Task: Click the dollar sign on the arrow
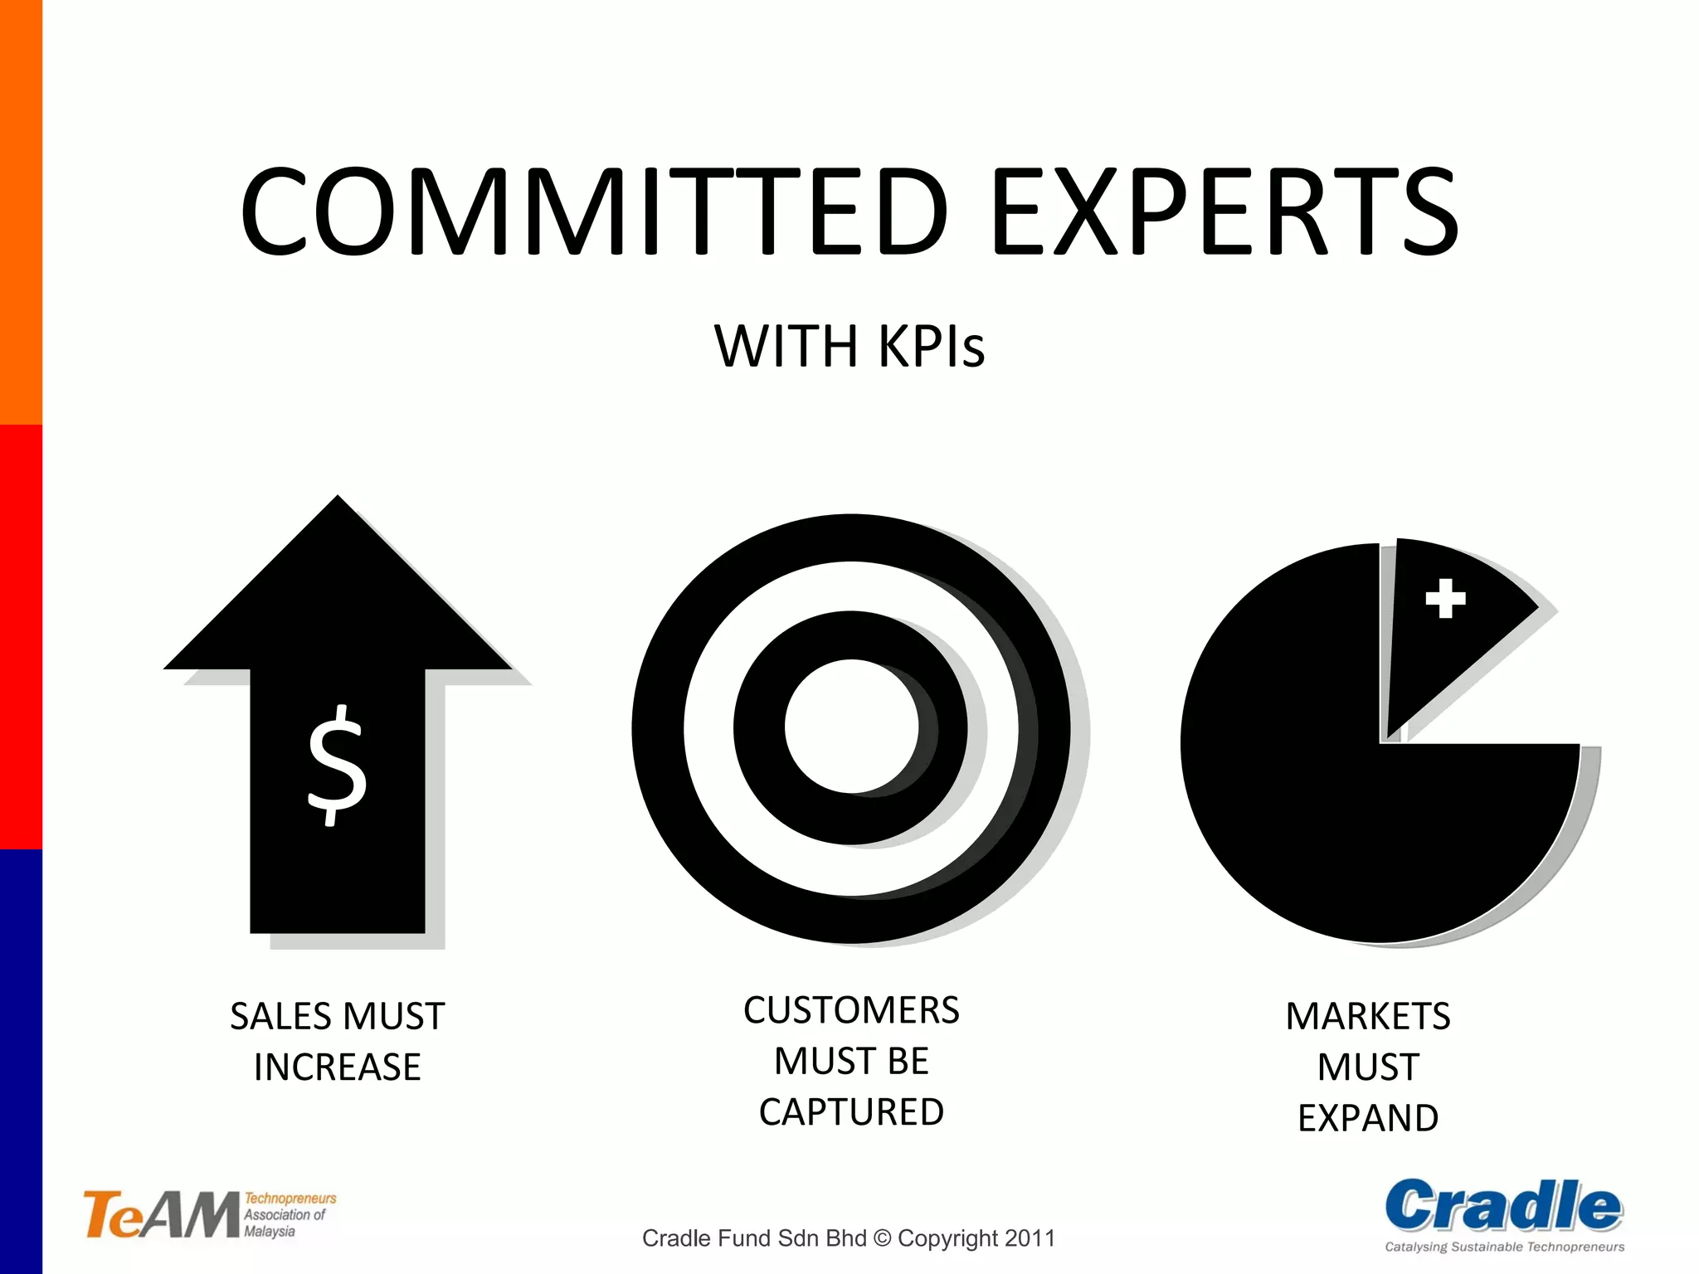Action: [x=337, y=765]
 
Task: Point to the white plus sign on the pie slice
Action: [x=1445, y=598]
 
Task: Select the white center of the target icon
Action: [x=851, y=727]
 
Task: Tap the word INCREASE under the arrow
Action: [x=338, y=1067]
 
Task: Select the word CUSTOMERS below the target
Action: [x=851, y=1011]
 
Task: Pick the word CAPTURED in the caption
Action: [x=851, y=1112]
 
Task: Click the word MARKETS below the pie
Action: [x=1368, y=1017]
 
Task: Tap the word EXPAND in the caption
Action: [x=1368, y=1118]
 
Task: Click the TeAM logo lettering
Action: [x=161, y=1215]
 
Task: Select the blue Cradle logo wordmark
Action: [x=1503, y=1207]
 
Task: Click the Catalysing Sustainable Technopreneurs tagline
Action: [x=1504, y=1247]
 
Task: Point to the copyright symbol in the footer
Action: [x=882, y=1238]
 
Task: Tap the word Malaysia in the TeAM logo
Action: [x=270, y=1232]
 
